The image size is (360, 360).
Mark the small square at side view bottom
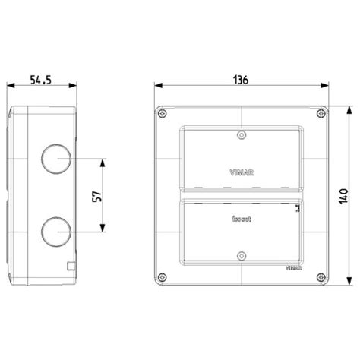[x=71, y=266]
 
